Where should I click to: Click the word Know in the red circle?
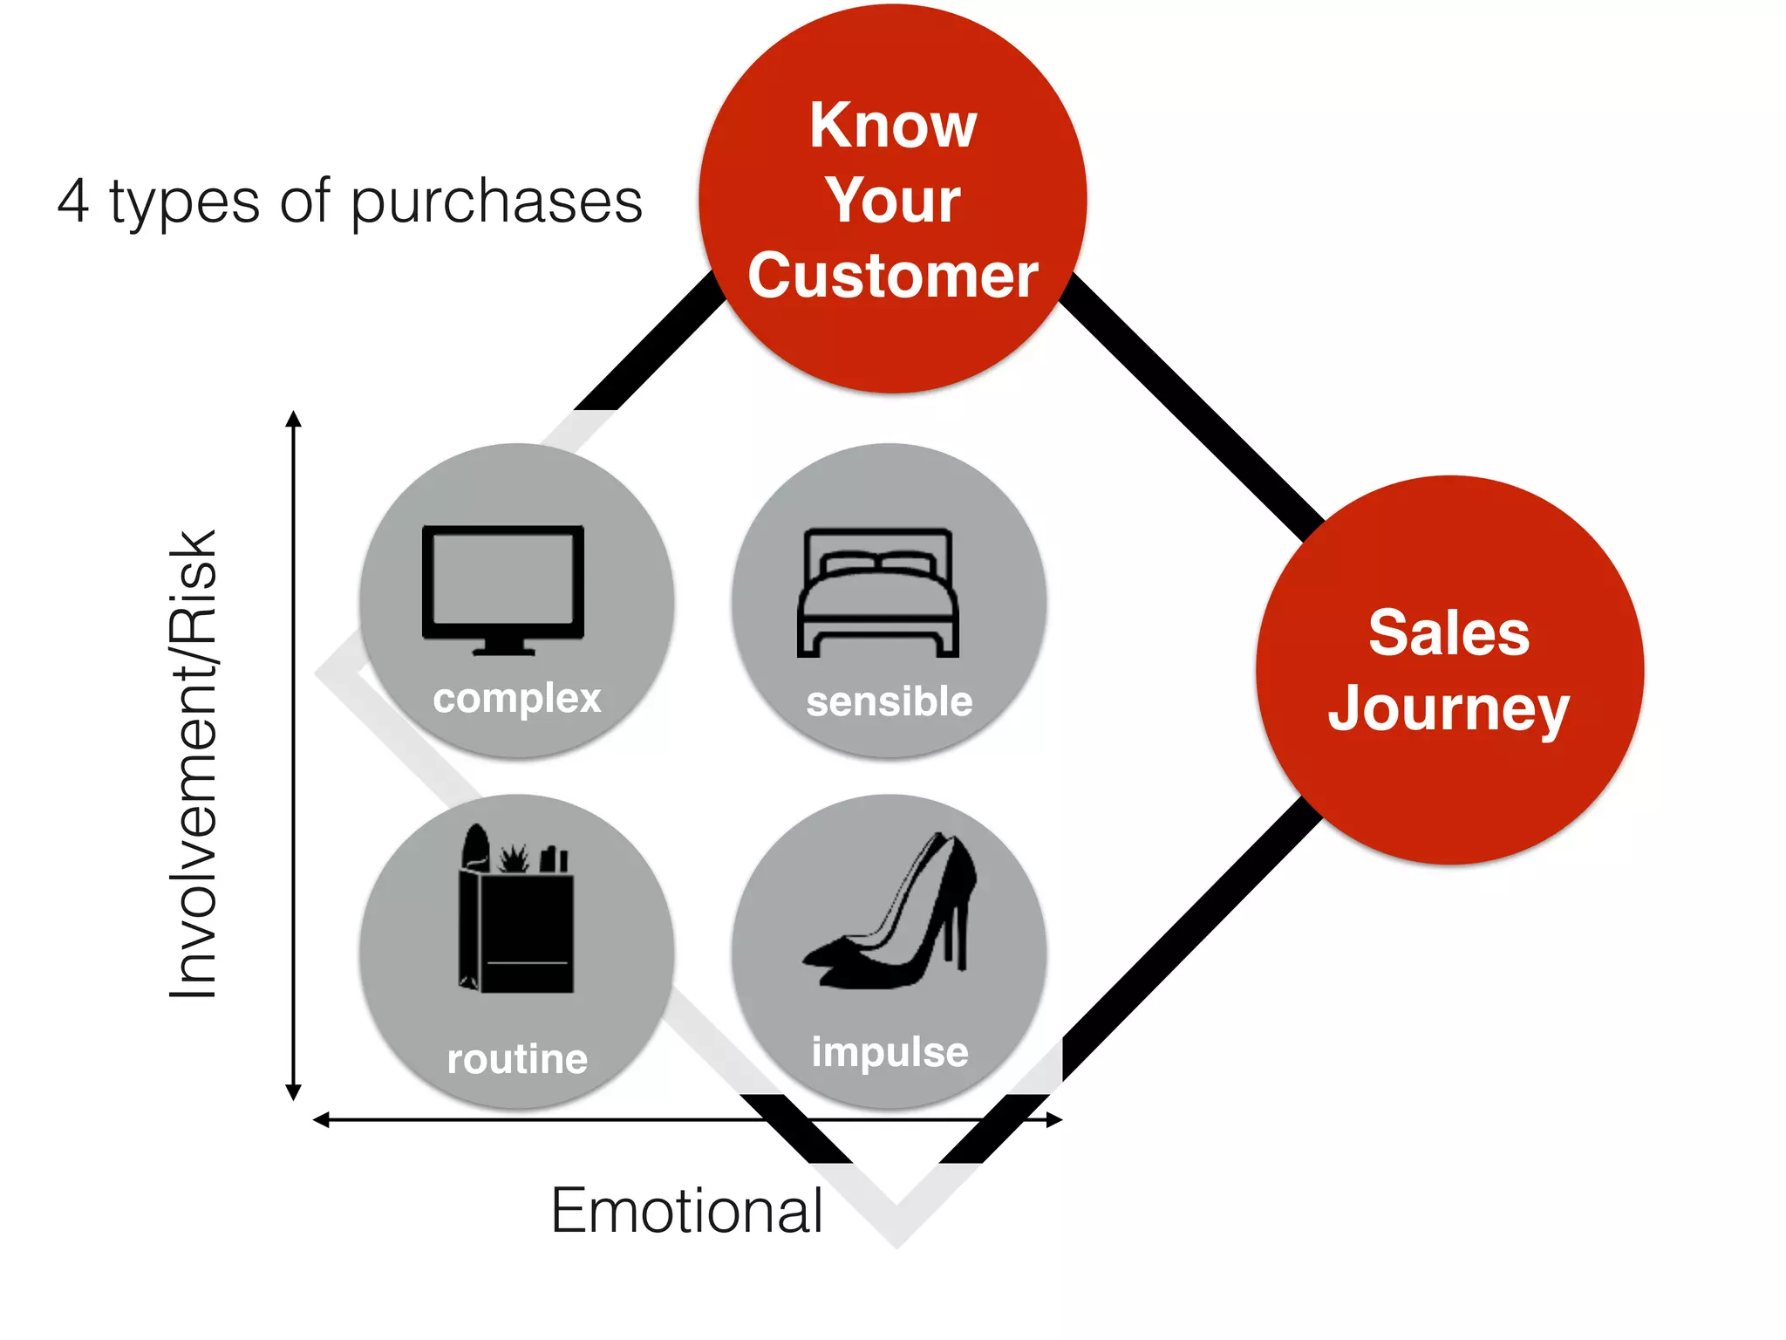click(x=893, y=126)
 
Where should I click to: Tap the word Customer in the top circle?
click(x=893, y=276)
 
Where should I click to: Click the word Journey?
click(x=1449, y=708)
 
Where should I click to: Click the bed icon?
click(x=877, y=593)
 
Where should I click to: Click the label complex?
click(x=517, y=699)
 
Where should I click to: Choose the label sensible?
click(x=889, y=701)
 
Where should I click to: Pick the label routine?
click(x=517, y=1059)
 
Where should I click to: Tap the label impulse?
click(x=890, y=1052)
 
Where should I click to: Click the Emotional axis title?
click(x=686, y=1211)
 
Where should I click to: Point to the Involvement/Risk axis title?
click(x=194, y=764)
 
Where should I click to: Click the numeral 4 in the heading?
click(x=74, y=202)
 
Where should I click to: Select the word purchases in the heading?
click(x=496, y=203)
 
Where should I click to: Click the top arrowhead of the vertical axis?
click(x=294, y=419)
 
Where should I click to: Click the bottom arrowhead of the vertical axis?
click(x=294, y=1092)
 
